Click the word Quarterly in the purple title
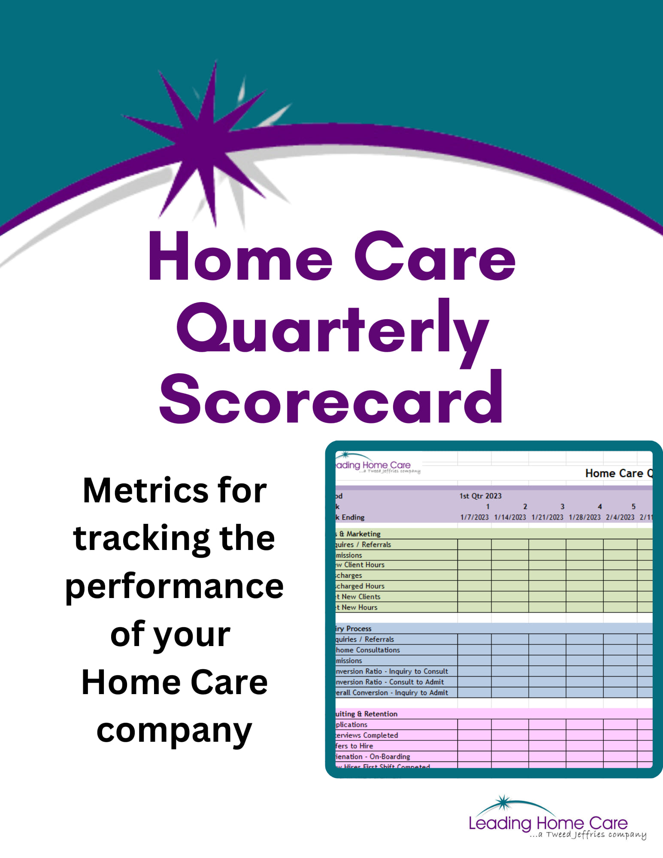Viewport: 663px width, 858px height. (333, 330)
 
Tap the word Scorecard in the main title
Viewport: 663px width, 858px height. (331, 399)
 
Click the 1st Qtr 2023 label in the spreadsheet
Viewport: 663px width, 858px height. (480, 496)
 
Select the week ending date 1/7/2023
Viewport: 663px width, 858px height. (474, 517)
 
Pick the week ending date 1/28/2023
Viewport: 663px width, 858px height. (584, 517)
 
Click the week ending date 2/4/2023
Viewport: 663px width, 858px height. (620, 517)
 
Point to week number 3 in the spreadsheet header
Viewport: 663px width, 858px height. (562, 507)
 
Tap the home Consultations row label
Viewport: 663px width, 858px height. (368, 650)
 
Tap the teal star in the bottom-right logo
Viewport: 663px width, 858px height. (503, 802)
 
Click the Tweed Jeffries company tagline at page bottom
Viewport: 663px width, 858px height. (588, 834)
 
